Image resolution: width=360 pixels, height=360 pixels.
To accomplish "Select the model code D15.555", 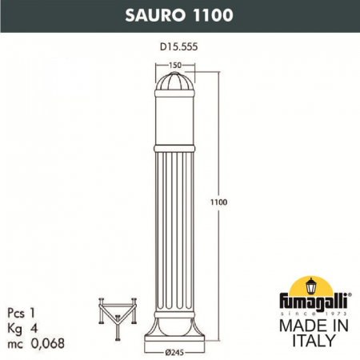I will pos(179,47).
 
